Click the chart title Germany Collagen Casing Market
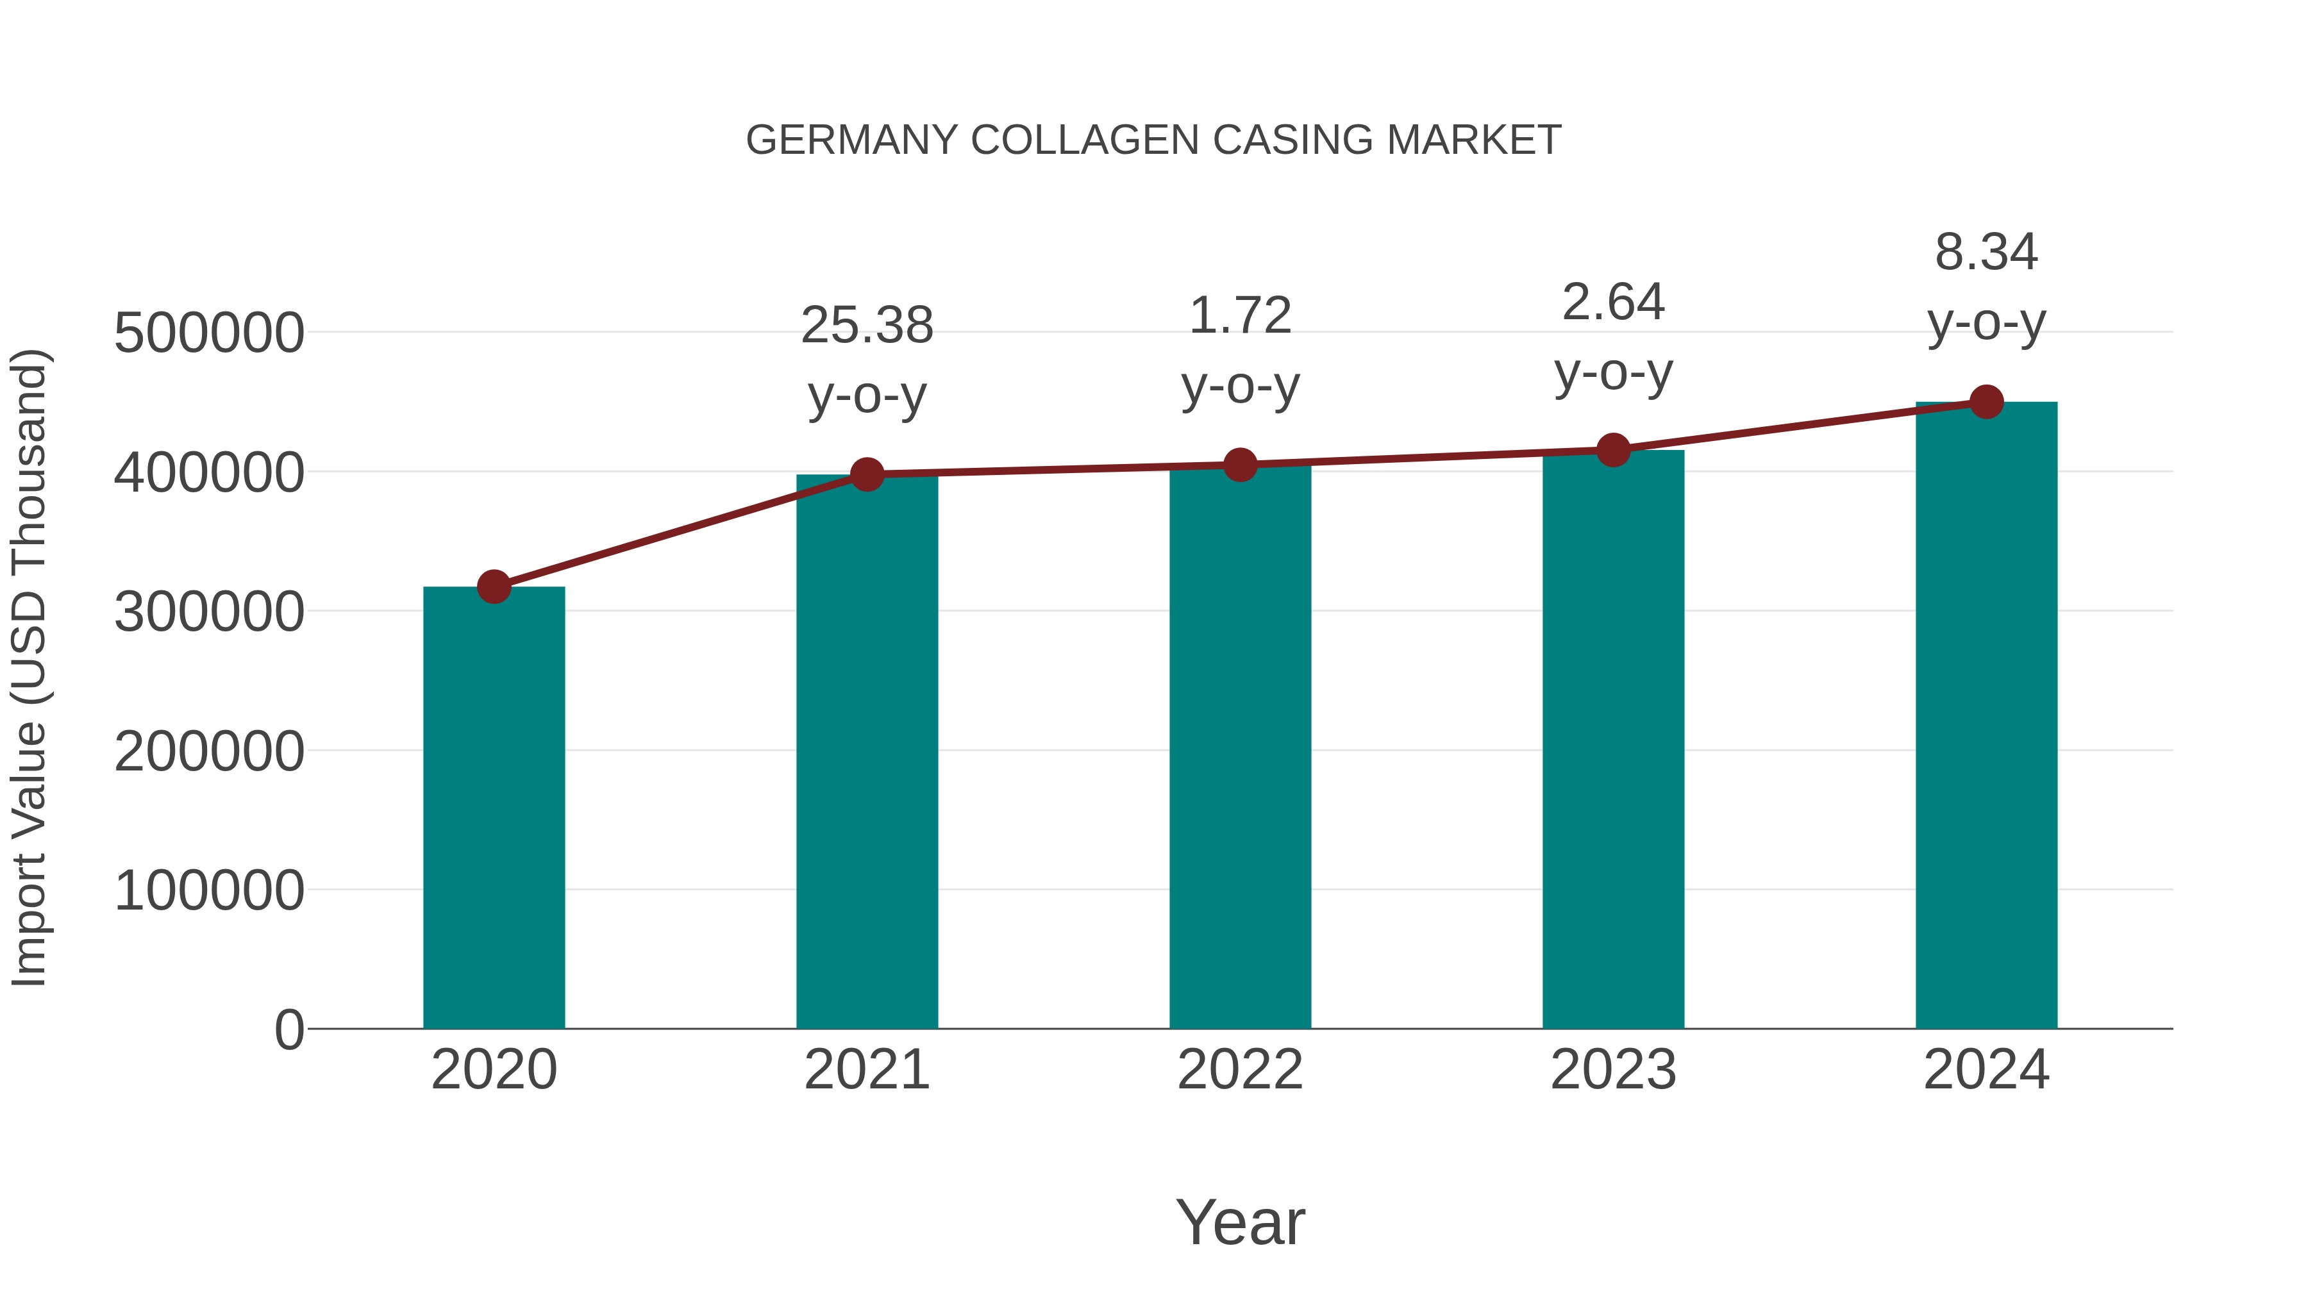[x=1153, y=140]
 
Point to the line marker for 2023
[x=1613, y=450]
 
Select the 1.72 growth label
[x=1240, y=316]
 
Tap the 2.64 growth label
[x=1613, y=303]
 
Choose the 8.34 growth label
[x=1986, y=253]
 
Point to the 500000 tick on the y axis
[x=209, y=333]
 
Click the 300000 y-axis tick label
[x=209, y=613]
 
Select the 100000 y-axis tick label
[x=209, y=892]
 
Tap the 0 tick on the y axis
[x=289, y=1030]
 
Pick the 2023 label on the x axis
[x=1613, y=1070]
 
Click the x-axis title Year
[x=1240, y=1223]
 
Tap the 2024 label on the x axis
[x=1986, y=1070]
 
